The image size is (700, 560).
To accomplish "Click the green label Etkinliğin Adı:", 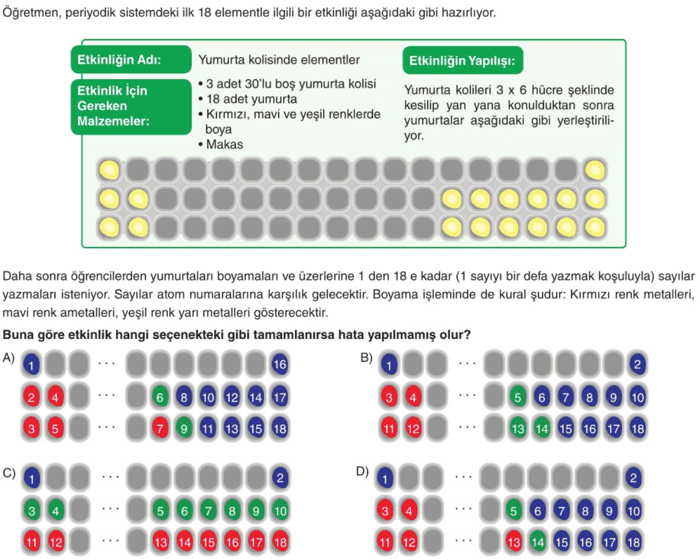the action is (x=131, y=59).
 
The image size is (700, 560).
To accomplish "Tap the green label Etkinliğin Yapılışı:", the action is (x=463, y=61).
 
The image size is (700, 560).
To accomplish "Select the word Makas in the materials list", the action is (x=224, y=144).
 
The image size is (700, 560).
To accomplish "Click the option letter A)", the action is (x=9, y=357).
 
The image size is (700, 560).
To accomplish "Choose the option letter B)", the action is (x=366, y=357).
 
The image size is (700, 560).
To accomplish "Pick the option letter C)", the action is (x=9, y=473).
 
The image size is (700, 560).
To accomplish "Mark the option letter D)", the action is (x=362, y=472).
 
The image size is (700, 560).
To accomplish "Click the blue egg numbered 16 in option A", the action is (x=280, y=364).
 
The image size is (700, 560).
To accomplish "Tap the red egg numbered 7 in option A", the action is (x=160, y=428).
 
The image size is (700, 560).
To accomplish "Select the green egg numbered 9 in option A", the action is (x=184, y=428).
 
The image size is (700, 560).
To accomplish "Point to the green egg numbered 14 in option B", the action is (x=541, y=428).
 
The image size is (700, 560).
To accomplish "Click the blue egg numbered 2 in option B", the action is (x=637, y=364).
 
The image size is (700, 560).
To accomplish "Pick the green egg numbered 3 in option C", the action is (x=32, y=510).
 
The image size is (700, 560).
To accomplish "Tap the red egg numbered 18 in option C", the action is (x=280, y=542).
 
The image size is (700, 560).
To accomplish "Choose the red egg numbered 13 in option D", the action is (x=514, y=542).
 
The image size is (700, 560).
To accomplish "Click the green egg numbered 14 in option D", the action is (x=538, y=542).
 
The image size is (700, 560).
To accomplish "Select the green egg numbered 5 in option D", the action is (x=514, y=510).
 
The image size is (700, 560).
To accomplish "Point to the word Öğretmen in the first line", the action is (x=32, y=13).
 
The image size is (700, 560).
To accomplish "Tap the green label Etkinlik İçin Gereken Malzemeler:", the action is (x=131, y=107).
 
